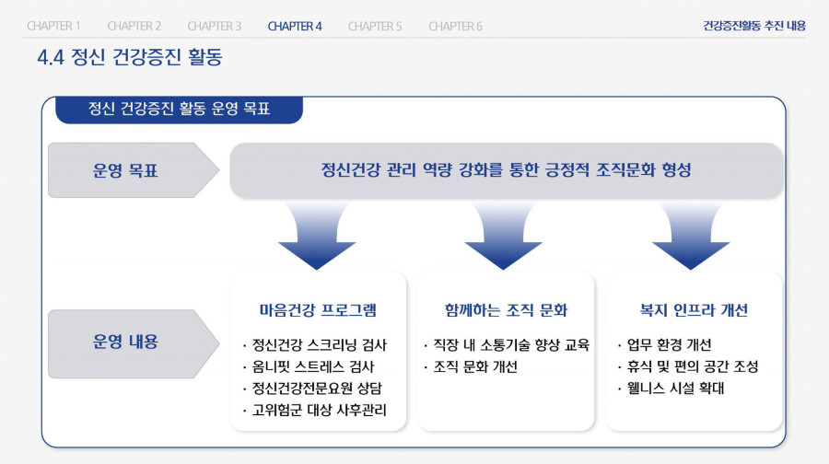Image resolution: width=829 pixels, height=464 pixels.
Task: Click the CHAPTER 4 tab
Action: (x=295, y=26)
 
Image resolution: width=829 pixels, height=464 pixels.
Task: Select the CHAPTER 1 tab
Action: (x=53, y=26)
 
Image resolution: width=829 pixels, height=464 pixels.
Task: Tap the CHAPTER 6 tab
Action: (x=455, y=26)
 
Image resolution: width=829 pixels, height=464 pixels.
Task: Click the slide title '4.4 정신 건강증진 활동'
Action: (x=130, y=57)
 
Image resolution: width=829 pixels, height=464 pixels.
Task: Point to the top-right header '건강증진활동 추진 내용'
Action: (x=753, y=26)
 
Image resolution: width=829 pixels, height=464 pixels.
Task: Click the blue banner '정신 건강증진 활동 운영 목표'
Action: (x=180, y=110)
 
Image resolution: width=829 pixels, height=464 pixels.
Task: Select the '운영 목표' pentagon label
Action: (x=134, y=170)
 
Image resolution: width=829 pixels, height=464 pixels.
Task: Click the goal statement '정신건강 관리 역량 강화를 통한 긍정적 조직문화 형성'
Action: (x=506, y=170)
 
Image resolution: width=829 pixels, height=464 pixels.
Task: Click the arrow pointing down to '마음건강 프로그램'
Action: (x=317, y=234)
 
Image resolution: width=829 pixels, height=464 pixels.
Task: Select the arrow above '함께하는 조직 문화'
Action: (x=503, y=234)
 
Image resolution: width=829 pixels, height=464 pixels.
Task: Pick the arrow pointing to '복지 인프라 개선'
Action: (x=691, y=234)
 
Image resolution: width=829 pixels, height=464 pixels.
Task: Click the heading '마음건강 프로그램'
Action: (x=318, y=310)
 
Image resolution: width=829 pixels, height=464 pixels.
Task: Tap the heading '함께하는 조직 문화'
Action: (x=506, y=310)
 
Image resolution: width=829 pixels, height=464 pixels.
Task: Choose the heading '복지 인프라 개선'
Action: (x=694, y=310)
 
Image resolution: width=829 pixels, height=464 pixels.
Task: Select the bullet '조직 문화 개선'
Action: (x=471, y=366)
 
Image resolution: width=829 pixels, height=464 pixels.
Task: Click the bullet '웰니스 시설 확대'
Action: (x=671, y=389)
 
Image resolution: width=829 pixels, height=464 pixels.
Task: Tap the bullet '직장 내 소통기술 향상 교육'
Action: (x=507, y=345)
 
